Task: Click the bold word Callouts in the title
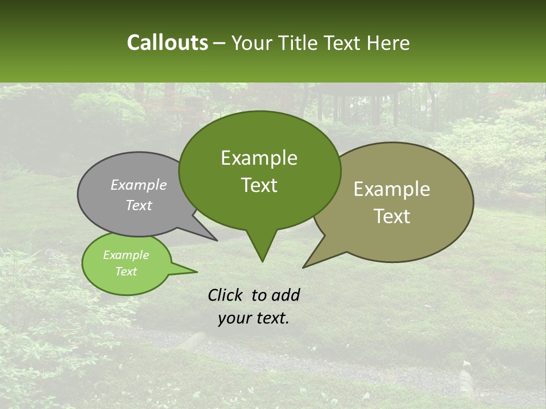(x=167, y=43)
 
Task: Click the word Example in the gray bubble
(x=138, y=185)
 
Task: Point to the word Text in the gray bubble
(x=138, y=205)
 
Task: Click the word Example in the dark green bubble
(x=259, y=158)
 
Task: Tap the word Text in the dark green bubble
(x=259, y=185)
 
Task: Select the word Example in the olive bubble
(x=391, y=189)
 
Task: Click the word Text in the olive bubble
(x=392, y=216)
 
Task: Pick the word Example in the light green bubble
(x=126, y=255)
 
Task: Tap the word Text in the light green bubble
(x=126, y=272)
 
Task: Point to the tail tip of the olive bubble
(x=305, y=266)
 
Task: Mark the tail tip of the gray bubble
(x=216, y=240)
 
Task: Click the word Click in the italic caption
(x=226, y=295)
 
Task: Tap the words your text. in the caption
(x=253, y=318)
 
